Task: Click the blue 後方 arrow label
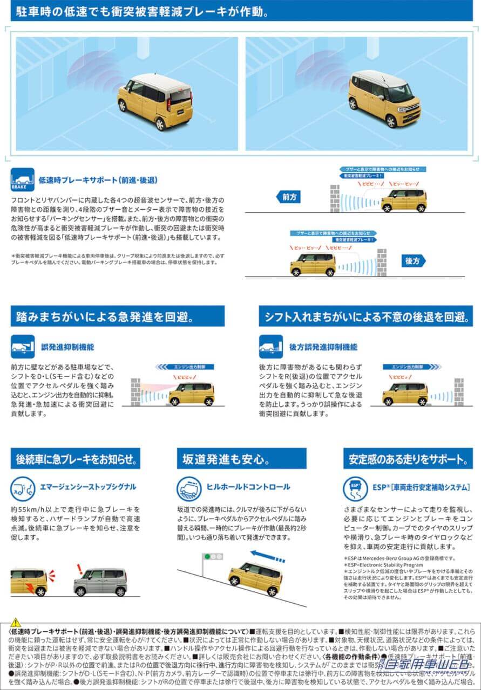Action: click(x=413, y=261)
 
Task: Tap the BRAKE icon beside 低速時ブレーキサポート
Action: click(x=22, y=180)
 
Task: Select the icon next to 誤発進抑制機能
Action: click(x=22, y=347)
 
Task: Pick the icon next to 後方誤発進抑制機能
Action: click(x=270, y=347)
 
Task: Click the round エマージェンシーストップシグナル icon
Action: click(x=22, y=488)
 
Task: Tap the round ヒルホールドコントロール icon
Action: click(x=189, y=488)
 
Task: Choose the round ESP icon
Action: click(x=355, y=488)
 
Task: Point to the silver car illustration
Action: click(x=100, y=582)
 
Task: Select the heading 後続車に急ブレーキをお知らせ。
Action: click(x=75, y=459)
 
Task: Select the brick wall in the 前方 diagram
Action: click(x=335, y=199)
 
